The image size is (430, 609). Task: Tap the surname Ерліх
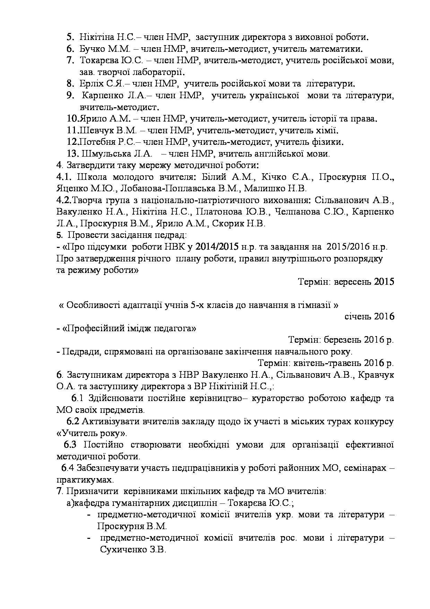[x=91, y=84]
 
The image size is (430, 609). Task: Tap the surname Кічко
[x=274, y=177]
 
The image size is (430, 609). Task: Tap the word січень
[x=358, y=317]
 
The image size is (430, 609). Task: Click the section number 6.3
[x=70, y=445]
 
